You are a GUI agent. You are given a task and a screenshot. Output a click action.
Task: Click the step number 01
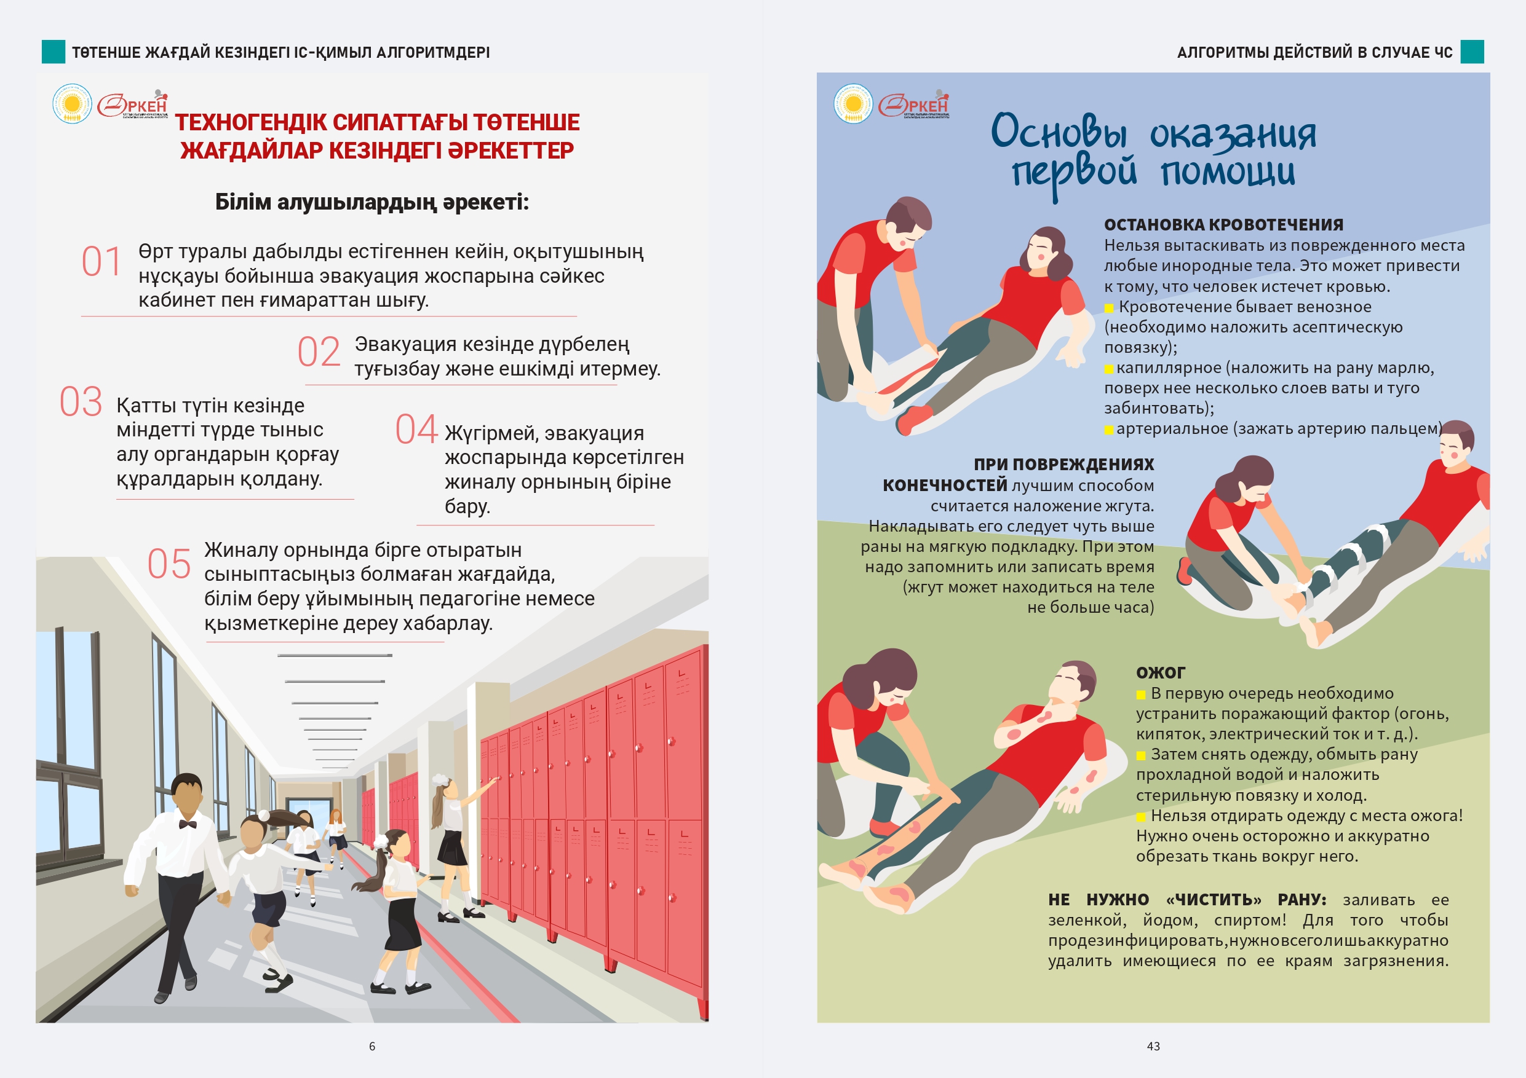coord(101,261)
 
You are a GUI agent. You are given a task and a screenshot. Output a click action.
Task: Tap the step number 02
coord(319,352)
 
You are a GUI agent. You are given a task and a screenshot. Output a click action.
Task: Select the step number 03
coord(81,403)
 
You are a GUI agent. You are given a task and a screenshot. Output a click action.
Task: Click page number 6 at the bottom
coord(372,1046)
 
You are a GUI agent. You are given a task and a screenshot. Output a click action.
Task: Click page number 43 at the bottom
coord(1153,1046)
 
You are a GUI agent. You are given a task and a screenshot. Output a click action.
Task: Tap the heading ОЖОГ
coord(1161,673)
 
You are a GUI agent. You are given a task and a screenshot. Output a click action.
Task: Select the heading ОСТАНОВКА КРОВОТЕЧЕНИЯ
coord(1223,224)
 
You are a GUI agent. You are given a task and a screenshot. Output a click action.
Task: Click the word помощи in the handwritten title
coord(1228,171)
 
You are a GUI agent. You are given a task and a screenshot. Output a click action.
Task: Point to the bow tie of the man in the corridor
coord(188,824)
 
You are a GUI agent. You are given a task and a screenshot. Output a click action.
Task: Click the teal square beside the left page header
coord(53,52)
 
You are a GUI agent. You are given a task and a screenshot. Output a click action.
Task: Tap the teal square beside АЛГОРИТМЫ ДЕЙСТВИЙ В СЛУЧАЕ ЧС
coord(1472,52)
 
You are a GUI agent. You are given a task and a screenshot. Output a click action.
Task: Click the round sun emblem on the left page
coord(72,104)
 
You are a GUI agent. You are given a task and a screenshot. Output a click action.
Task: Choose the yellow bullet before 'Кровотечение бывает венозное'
coord(1109,307)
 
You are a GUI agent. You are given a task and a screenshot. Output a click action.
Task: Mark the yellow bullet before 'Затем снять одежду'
coord(1141,755)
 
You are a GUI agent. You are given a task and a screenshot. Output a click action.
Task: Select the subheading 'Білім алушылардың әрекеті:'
coord(372,202)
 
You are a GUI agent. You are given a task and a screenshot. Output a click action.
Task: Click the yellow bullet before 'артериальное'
coord(1109,430)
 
